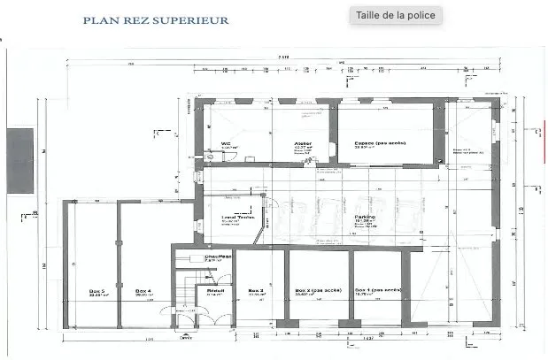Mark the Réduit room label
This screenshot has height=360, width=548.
[x=215, y=290]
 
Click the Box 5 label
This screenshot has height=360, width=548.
[x=96, y=290]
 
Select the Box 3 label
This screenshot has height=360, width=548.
[x=256, y=290]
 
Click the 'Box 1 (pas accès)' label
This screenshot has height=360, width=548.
[x=377, y=290]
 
